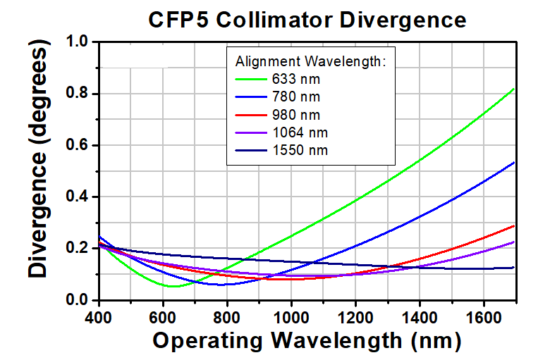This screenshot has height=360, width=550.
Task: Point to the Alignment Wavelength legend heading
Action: click(310, 60)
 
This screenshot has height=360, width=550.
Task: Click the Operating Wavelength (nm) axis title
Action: click(307, 341)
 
